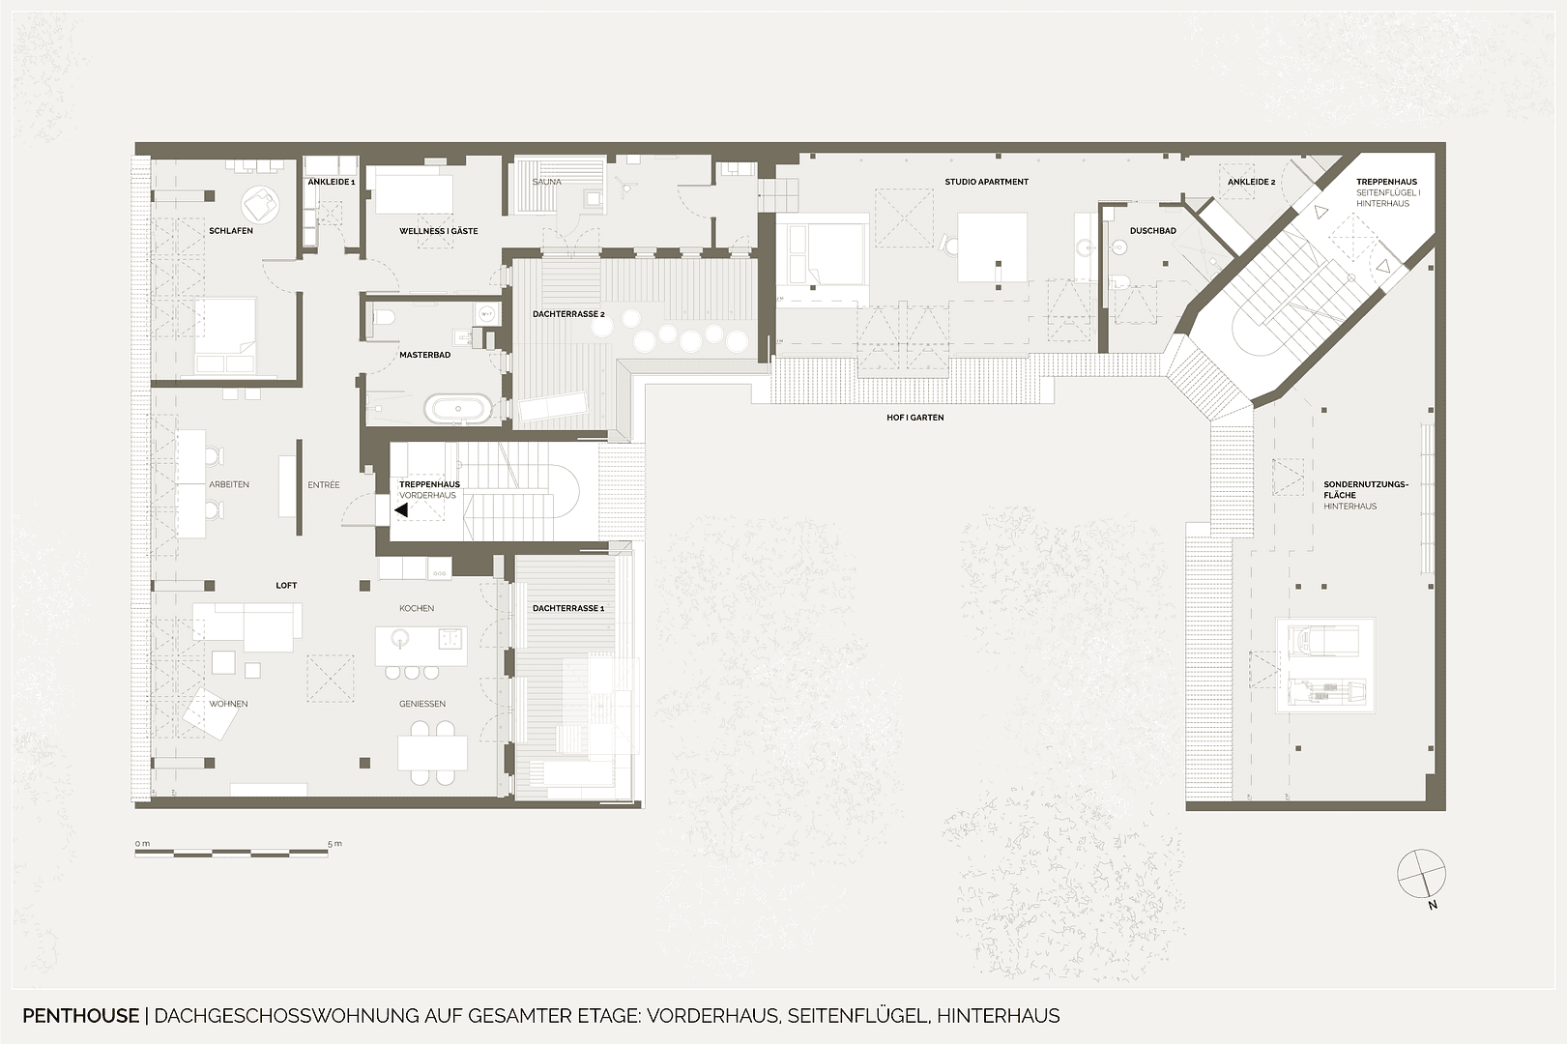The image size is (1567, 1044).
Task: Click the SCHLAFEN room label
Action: (231, 231)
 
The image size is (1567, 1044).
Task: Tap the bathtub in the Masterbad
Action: (459, 408)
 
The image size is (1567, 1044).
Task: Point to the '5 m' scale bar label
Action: (334, 844)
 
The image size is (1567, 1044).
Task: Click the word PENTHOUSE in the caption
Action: (80, 1016)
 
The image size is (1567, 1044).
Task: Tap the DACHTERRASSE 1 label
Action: (568, 608)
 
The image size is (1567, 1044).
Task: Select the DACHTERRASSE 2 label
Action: (568, 314)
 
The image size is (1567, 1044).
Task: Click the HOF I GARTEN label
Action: (914, 418)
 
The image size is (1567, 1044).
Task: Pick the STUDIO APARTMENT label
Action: (986, 182)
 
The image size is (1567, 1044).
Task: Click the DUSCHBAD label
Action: (1153, 231)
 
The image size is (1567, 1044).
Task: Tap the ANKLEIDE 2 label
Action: (1251, 182)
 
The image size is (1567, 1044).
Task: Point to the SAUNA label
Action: (546, 182)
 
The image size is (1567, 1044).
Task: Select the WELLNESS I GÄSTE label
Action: (439, 231)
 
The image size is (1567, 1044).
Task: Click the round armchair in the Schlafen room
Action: (259, 203)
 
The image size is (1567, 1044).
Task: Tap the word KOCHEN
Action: (417, 608)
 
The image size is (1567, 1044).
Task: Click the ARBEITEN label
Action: (229, 484)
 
